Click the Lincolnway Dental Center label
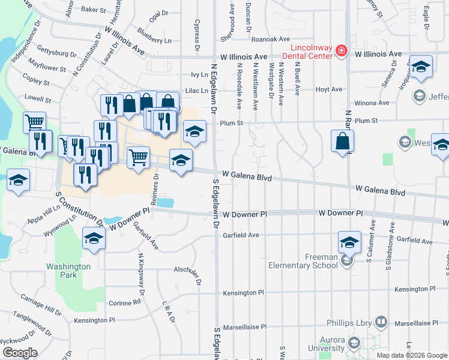tap(311, 51)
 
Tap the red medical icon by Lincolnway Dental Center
tap(342, 50)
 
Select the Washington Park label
tap(69, 271)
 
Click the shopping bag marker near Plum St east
tap(342, 142)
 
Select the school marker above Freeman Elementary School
tap(349, 242)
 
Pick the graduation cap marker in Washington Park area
tap(93, 238)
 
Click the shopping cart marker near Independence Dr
tap(34, 122)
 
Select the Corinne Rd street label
tap(128, 303)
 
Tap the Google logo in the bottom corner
tap(20, 353)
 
